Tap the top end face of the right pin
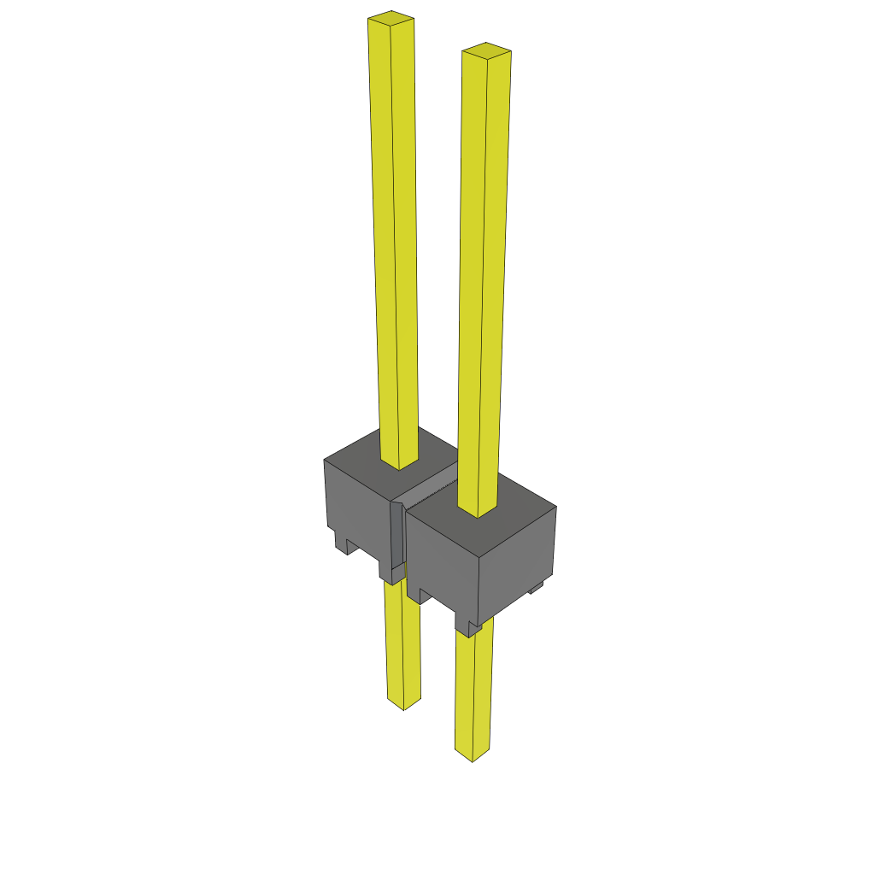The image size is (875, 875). click(486, 50)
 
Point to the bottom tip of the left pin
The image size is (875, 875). click(403, 706)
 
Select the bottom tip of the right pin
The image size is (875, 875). click(472, 757)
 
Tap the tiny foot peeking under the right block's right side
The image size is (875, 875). click(537, 588)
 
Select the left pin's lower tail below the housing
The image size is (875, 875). click(402, 649)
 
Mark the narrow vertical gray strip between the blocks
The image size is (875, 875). click(396, 538)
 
